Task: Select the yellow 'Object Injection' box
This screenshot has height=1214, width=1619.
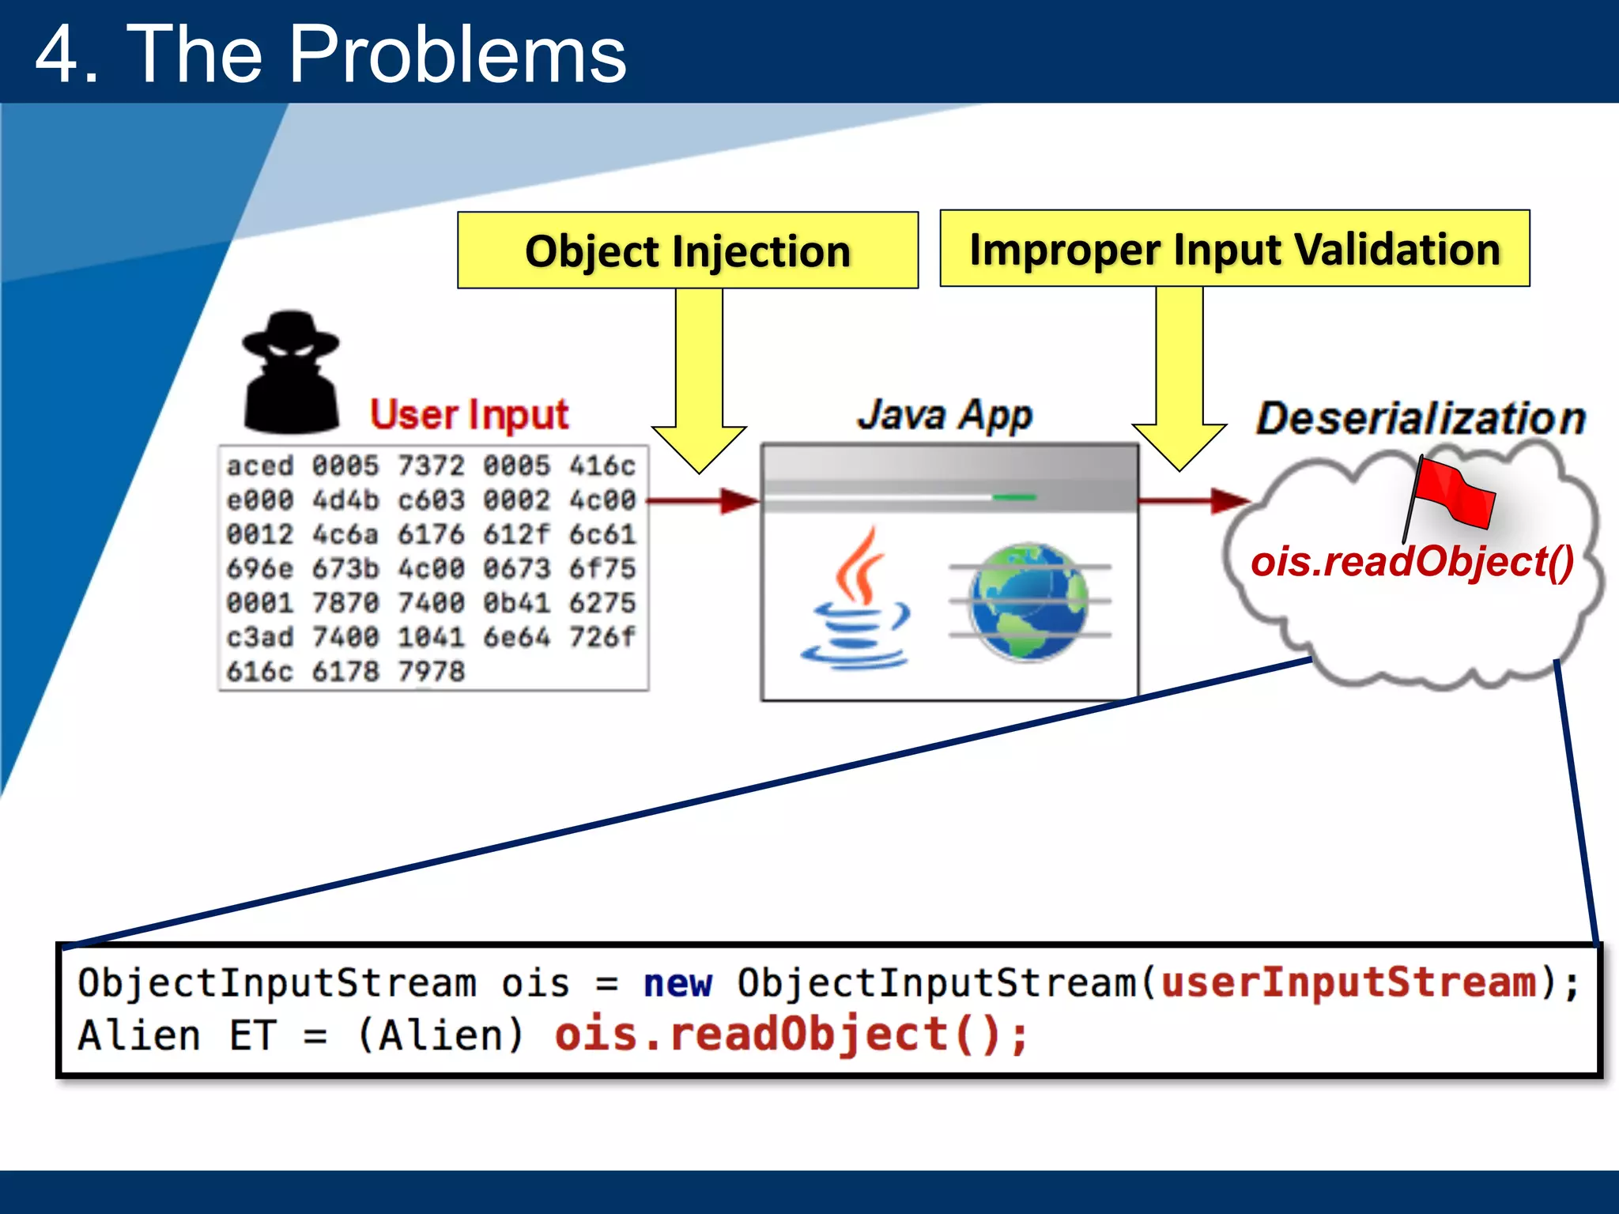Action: [687, 251]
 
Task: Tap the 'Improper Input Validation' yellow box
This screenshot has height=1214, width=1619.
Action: [1234, 249]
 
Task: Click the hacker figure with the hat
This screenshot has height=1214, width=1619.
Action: [291, 371]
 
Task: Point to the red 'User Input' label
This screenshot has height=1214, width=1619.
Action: [469, 415]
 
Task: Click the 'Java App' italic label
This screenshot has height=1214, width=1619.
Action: [945, 415]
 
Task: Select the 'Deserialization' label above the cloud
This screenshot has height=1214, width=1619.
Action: [1421, 418]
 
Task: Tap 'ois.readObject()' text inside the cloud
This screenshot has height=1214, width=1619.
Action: [1412, 562]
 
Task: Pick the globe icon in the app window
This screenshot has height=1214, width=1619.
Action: [1028, 601]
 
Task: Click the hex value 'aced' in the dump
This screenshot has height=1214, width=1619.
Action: [260, 466]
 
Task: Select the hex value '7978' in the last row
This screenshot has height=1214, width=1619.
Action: [431, 672]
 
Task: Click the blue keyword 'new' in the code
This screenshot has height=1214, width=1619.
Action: [677, 984]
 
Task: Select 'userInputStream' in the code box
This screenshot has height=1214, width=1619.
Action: [1349, 982]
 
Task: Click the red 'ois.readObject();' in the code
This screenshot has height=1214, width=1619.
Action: [791, 1035]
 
